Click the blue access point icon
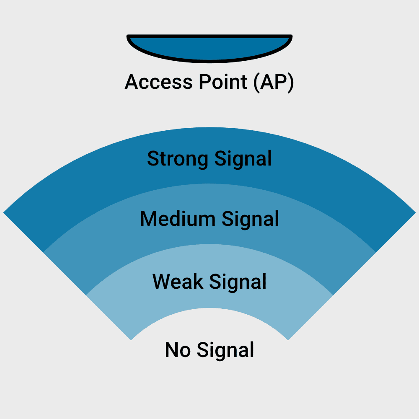pyautogui.click(x=209, y=48)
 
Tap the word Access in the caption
pyautogui.click(x=159, y=82)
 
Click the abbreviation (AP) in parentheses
pyautogui.click(x=274, y=83)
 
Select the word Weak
pyautogui.click(x=178, y=282)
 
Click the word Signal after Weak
pyautogui.click(x=238, y=282)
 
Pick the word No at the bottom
pyautogui.click(x=178, y=350)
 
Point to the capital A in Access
pyautogui.click(x=133, y=82)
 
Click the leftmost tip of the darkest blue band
pyautogui.click(x=3, y=213)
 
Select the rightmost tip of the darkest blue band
pyautogui.click(x=416, y=213)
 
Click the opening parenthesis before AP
pyautogui.click(x=256, y=83)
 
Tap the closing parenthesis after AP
pyautogui.click(x=291, y=83)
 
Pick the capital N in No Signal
pyautogui.click(x=171, y=350)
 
